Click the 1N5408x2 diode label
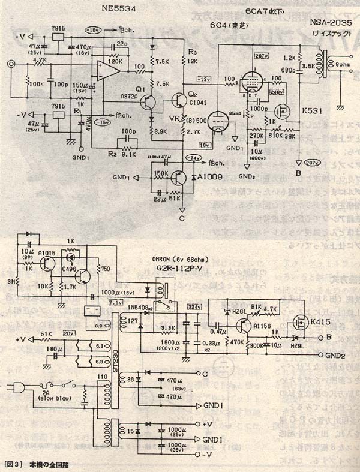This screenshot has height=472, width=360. coord(142,307)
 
